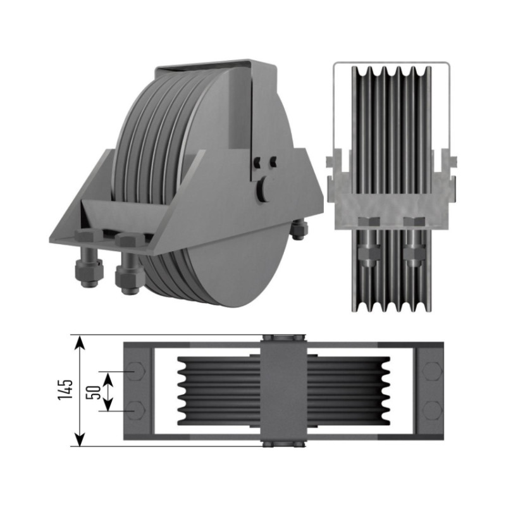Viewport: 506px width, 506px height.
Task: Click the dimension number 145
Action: [x=66, y=390]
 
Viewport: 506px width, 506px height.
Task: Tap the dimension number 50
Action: [x=94, y=392]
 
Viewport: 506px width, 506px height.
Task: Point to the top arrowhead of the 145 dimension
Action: [x=80, y=342]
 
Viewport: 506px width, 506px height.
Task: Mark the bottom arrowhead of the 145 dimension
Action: [x=80, y=440]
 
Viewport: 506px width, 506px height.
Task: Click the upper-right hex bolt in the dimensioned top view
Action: [x=432, y=371]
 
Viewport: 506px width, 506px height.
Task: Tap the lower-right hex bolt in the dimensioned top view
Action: [x=432, y=410]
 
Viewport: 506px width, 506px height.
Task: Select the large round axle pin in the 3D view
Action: [x=263, y=189]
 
